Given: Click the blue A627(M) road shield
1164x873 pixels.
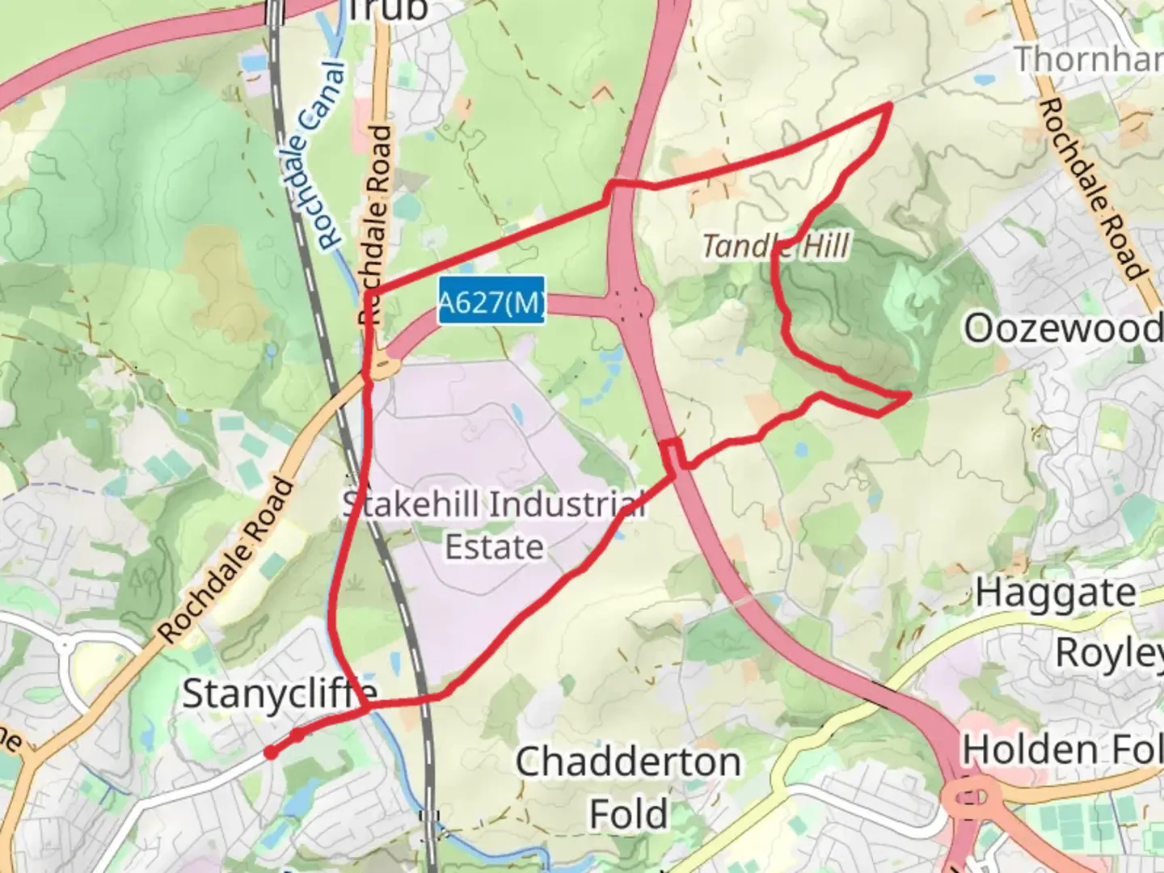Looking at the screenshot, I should pyautogui.click(x=491, y=302).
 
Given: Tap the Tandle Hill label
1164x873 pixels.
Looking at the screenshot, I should pyautogui.click(x=775, y=246).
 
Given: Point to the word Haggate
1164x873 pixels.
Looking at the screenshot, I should pyautogui.click(x=1055, y=593).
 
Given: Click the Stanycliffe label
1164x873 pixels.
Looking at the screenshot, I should pyautogui.click(x=280, y=694).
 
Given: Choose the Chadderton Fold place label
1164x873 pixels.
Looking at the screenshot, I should pyautogui.click(x=628, y=787).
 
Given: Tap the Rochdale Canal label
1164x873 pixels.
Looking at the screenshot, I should pyautogui.click(x=314, y=155).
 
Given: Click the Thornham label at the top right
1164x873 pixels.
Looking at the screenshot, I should pyautogui.click(x=1088, y=59).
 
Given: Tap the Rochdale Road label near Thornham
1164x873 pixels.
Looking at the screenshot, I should pyautogui.click(x=1091, y=190).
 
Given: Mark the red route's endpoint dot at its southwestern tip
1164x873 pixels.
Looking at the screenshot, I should pyautogui.click(x=271, y=753).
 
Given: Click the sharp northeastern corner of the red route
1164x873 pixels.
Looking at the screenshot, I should pyautogui.click(x=890, y=104).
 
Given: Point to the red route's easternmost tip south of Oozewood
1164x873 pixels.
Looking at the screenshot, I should pyautogui.click(x=910, y=394).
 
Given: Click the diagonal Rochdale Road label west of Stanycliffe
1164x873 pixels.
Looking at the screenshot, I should pyautogui.click(x=226, y=561).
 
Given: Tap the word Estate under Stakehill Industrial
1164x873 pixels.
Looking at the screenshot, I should pyautogui.click(x=494, y=547).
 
